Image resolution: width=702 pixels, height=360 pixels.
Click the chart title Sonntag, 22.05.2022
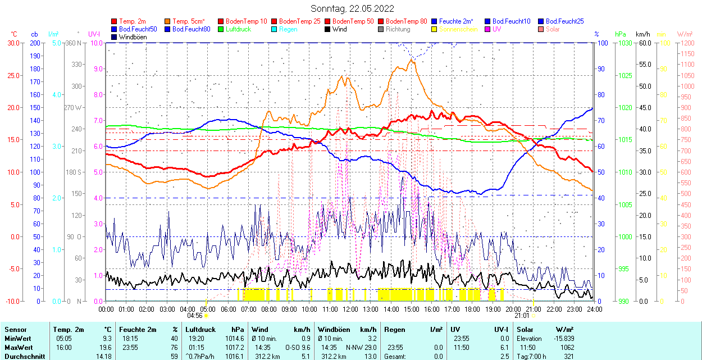click(352, 8)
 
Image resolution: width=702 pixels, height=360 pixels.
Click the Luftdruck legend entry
click(235, 29)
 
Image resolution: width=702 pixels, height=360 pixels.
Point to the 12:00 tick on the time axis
click(350, 309)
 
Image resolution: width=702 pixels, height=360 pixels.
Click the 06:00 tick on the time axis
click(228, 309)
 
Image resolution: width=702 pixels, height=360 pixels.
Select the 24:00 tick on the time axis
click(594, 309)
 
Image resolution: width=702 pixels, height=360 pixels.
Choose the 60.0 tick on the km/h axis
click(644, 43)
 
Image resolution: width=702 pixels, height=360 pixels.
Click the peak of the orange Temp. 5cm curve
click(412, 61)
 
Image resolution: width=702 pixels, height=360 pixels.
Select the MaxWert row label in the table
click(18, 347)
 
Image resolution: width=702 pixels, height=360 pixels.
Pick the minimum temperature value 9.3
click(107, 339)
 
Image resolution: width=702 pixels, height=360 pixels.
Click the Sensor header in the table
click(15, 330)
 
